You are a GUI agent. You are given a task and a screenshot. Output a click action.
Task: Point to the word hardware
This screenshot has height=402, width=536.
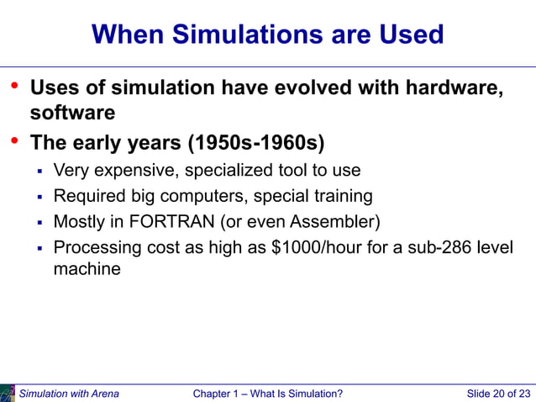tap(455, 88)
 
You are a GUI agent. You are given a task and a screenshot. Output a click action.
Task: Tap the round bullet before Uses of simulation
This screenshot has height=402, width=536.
tap(13, 86)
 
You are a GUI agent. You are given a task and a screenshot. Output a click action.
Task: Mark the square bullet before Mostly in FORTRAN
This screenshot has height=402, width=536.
tap(39, 223)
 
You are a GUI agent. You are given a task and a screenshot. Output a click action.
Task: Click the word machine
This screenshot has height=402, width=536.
tap(87, 270)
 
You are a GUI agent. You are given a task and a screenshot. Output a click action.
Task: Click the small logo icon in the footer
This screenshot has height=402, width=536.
tap(8, 393)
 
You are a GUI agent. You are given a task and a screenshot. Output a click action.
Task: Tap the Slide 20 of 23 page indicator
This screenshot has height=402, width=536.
tap(498, 394)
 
